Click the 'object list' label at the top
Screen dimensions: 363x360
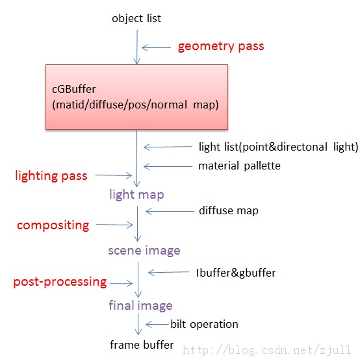point(136,18)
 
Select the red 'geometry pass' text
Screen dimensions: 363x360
point(221,47)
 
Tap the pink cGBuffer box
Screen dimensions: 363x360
point(136,96)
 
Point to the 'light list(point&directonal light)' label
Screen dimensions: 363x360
point(278,147)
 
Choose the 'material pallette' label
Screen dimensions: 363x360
point(239,166)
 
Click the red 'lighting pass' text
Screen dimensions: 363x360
point(51,175)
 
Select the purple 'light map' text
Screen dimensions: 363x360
point(136,194)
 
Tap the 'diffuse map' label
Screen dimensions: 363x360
point(228,210)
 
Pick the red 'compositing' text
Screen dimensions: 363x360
point(53,225)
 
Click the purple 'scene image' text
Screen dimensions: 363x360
point(144,250)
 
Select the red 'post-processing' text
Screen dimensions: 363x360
point(60,282)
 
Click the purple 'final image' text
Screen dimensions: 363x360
point(140,305)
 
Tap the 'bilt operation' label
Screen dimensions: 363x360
point(204,324)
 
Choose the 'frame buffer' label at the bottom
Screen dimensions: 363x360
point(142,345)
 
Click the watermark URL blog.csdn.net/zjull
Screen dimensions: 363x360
point(270,350)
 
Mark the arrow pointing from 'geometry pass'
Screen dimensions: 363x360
point(156,47)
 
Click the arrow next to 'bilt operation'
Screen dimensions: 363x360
point(157,324)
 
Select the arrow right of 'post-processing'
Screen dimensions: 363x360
point(122,282)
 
